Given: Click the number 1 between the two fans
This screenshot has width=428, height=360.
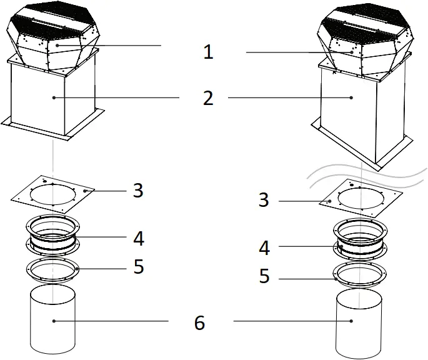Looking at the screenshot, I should (208, 52).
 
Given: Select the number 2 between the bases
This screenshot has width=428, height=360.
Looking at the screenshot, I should (208, 97).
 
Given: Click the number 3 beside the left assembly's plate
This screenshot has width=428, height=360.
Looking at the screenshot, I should (138, 190).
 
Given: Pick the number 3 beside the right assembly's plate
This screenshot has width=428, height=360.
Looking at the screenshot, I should (264, 201).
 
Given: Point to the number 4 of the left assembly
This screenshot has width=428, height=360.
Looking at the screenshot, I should (138, 238).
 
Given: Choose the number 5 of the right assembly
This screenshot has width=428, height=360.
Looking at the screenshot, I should (264, 276).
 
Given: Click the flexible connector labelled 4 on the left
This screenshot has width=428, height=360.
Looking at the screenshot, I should (53, 236).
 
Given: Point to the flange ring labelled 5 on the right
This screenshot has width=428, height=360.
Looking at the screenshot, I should (359, 276).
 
